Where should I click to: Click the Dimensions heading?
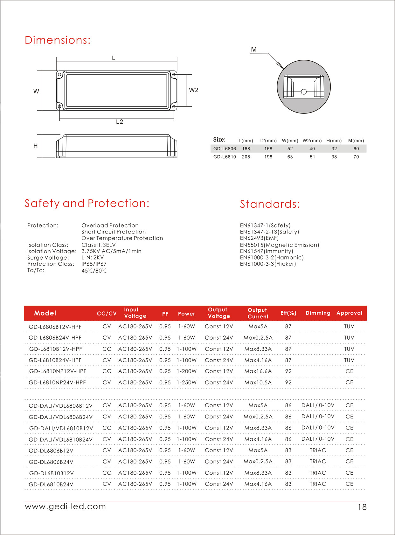point(58,40)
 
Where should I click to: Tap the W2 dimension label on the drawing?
point(193,90)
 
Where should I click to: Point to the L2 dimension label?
point(119,122)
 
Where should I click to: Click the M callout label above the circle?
point(253,50)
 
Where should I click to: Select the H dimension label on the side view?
point(36,146)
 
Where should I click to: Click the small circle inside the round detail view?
point(304,92)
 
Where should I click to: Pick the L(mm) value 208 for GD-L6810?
point(246,157)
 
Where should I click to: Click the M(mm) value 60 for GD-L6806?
point(356,149)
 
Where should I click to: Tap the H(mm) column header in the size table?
point(334,140)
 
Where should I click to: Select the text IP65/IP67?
point(94,264)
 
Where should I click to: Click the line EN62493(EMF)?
point(259,238)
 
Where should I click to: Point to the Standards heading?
point(270,204)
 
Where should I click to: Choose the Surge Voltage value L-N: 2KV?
point(93,258)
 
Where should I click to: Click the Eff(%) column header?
point(288,313)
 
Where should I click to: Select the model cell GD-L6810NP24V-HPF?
point(57,383)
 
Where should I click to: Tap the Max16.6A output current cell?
point(258,371)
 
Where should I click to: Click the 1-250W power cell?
point(187,383)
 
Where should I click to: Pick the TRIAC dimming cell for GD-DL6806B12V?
point(318,450)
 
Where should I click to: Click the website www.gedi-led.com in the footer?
point(66,506)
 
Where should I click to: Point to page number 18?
point(362,507)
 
